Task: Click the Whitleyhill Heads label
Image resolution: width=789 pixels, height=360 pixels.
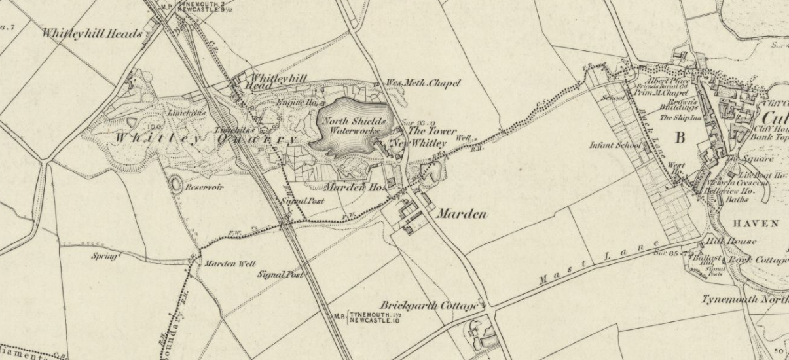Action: pos(92,33)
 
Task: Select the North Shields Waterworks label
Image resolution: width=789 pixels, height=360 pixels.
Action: pos(353,126)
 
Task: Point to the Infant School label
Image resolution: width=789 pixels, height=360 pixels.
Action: pos(615,145)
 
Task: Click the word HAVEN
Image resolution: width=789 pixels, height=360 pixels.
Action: pos(756,224)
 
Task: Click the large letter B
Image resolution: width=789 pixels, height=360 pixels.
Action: pos(680,138)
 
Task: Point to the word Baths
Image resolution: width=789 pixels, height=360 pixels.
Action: pos(737,200)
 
